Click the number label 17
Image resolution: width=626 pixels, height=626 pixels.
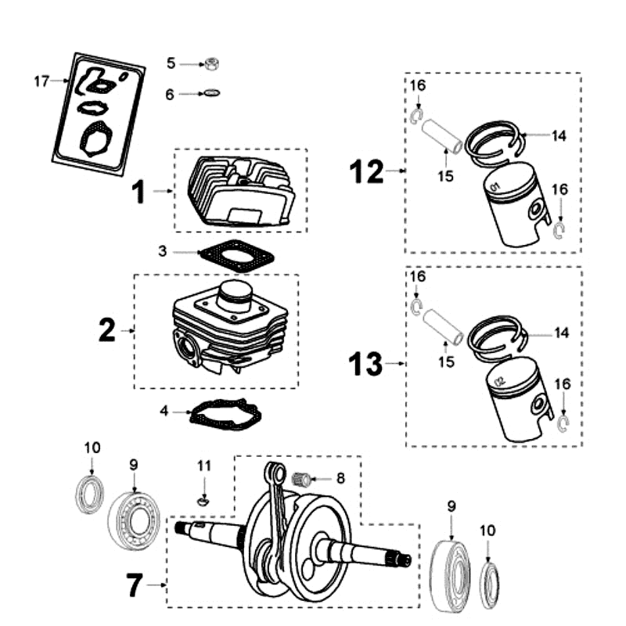(x=41, y=81)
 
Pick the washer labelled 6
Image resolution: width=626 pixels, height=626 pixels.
(x=210, y=94)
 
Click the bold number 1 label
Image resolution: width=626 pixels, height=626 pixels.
(x=139, y=191)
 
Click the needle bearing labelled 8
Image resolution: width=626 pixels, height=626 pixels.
(x=301, y=477)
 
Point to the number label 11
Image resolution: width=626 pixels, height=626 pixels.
(x=204, y=466)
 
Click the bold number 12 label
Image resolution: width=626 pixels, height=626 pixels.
(x=367, y=171)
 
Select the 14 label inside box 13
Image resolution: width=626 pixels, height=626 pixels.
(x=559, y=333)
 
